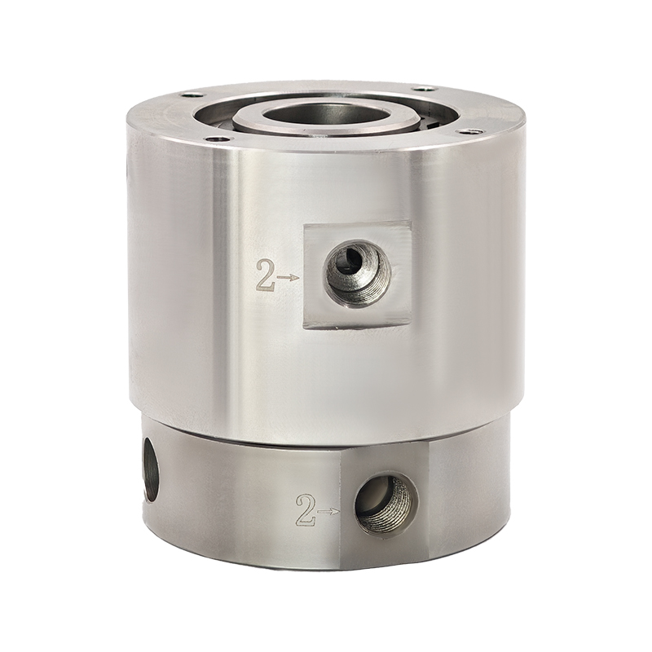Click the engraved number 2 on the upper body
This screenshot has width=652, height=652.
pyautogui.click(x=267, y=275)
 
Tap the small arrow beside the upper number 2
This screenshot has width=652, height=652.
pyautogui.click(x=289, y=277)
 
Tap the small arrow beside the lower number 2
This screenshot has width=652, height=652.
pyautogui.click(x=329, y=511)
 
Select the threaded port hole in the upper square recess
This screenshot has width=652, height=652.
pyautogui.click(x=357, y=276)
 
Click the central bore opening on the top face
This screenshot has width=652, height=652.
pyautogui.click(x=324, y=113)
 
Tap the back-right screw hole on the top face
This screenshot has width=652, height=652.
pyautogui.click(x=424, y=88)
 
